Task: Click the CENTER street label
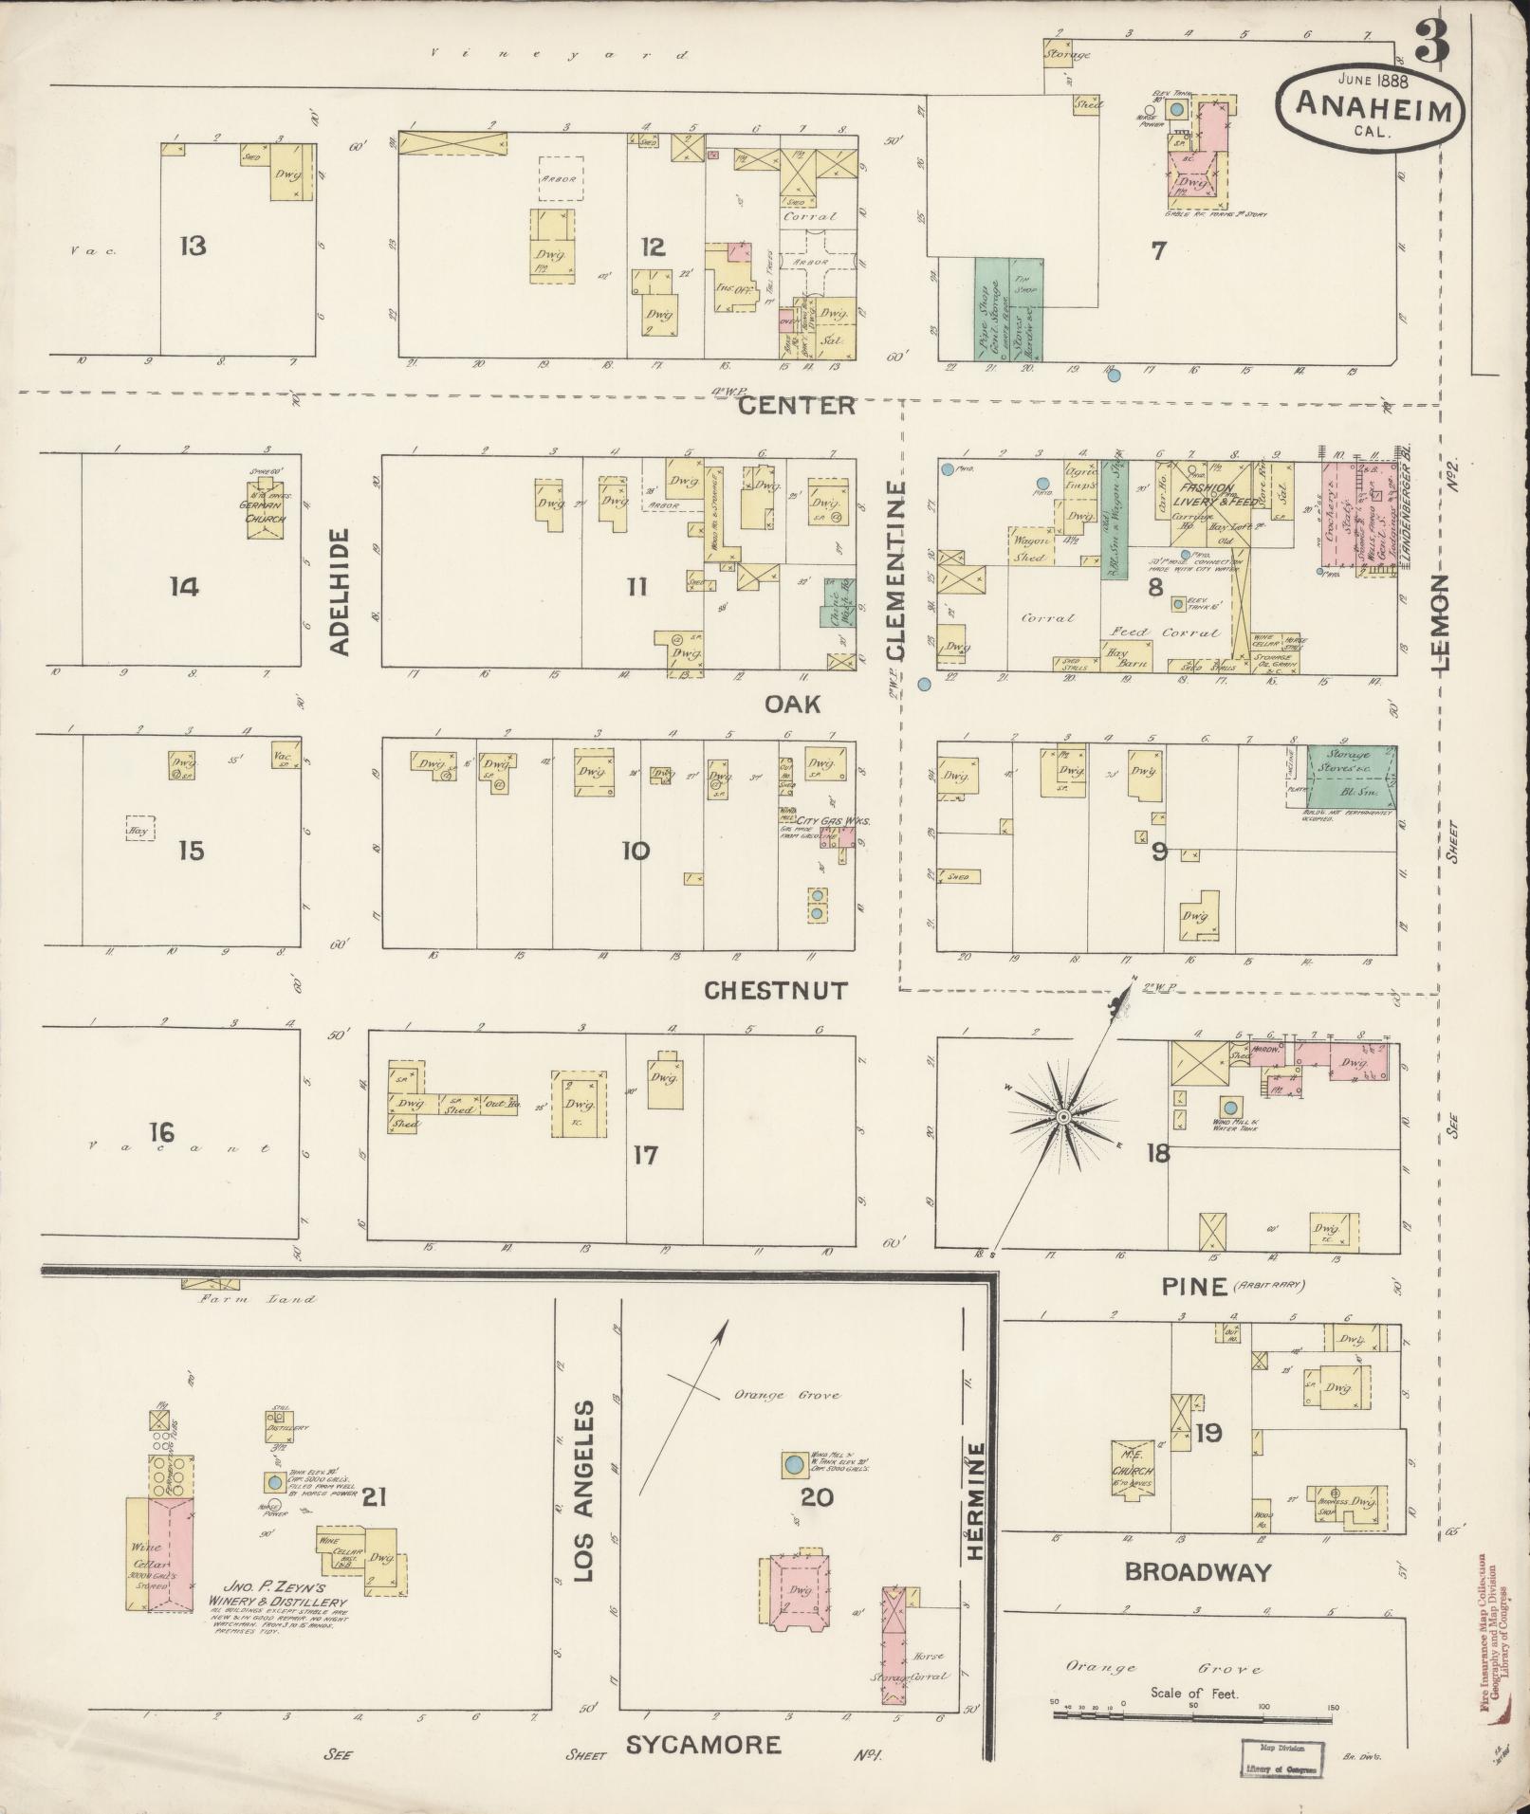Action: tap(796, 406)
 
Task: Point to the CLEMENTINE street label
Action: tap(896, 569)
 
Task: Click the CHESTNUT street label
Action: tap(776, 990)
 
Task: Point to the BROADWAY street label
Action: tap(1197, 1572)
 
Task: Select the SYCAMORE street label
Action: tap(703, 1744)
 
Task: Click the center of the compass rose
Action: tap(1063, 1118)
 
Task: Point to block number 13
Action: tap(193, 247)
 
